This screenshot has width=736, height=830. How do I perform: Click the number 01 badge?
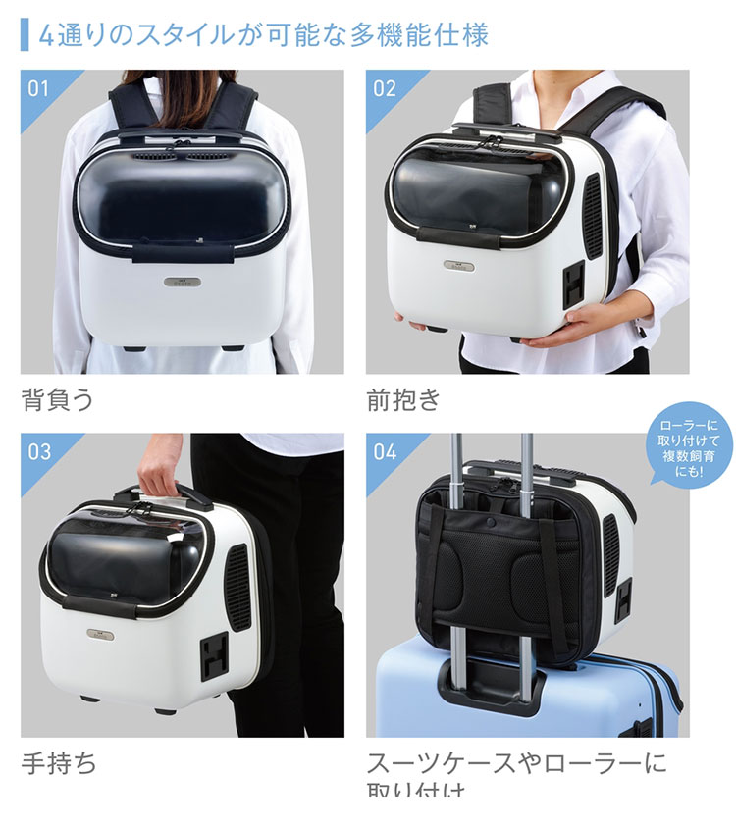pyautogui.click(x=38, y=88)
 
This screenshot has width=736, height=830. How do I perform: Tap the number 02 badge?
pyautogui.click(x=385, y=88)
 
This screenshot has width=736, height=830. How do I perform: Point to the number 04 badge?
pyautogui.click(x=385, y=452)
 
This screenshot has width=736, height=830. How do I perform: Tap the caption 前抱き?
pyautogui.click(x=403, y=400)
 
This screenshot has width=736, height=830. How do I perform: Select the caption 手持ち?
pyautogui.click(x=59, y=762)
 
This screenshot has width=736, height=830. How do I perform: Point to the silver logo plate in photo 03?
pyautogui.click(x=101, y=633)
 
